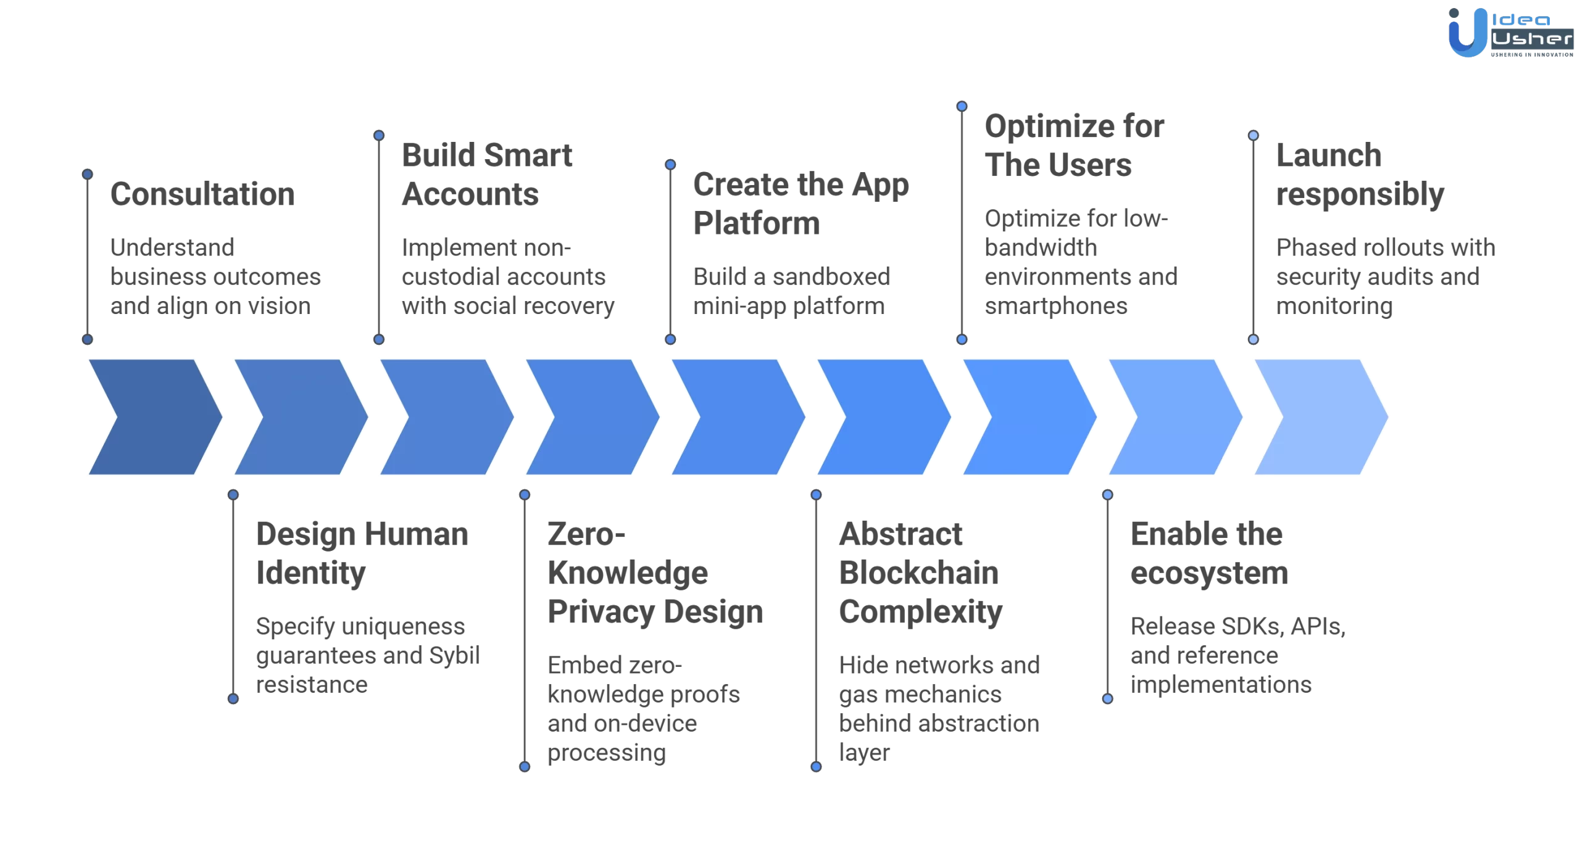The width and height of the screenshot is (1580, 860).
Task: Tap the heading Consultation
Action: tap(202, 194)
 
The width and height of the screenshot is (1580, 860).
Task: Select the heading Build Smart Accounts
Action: tap(486, 175)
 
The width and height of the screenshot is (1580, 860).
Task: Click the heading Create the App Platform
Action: tap(800, 204)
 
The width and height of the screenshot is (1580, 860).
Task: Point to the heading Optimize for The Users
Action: tap(1074, 146)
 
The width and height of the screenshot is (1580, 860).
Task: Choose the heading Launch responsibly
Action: tap(1360, 175)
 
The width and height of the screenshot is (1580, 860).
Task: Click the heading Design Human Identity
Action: tap(362, 553)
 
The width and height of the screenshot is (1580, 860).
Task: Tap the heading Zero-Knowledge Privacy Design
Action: tap(654, 573)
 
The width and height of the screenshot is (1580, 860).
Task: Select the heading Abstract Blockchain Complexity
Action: tap(920, 573)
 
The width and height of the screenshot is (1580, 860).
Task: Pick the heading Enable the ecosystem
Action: tap(1208, 553)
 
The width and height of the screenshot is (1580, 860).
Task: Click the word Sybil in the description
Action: tap(454, 655)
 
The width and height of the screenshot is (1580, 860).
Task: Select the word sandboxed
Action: tap(831, 277)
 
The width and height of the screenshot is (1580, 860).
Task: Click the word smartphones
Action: tap(1055, 306)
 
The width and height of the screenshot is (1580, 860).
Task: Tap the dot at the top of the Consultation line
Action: tap(88, 175)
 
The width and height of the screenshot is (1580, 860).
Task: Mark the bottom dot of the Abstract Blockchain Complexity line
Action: tap(816, 767)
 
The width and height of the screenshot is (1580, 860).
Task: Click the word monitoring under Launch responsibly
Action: tap(1334, 306)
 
